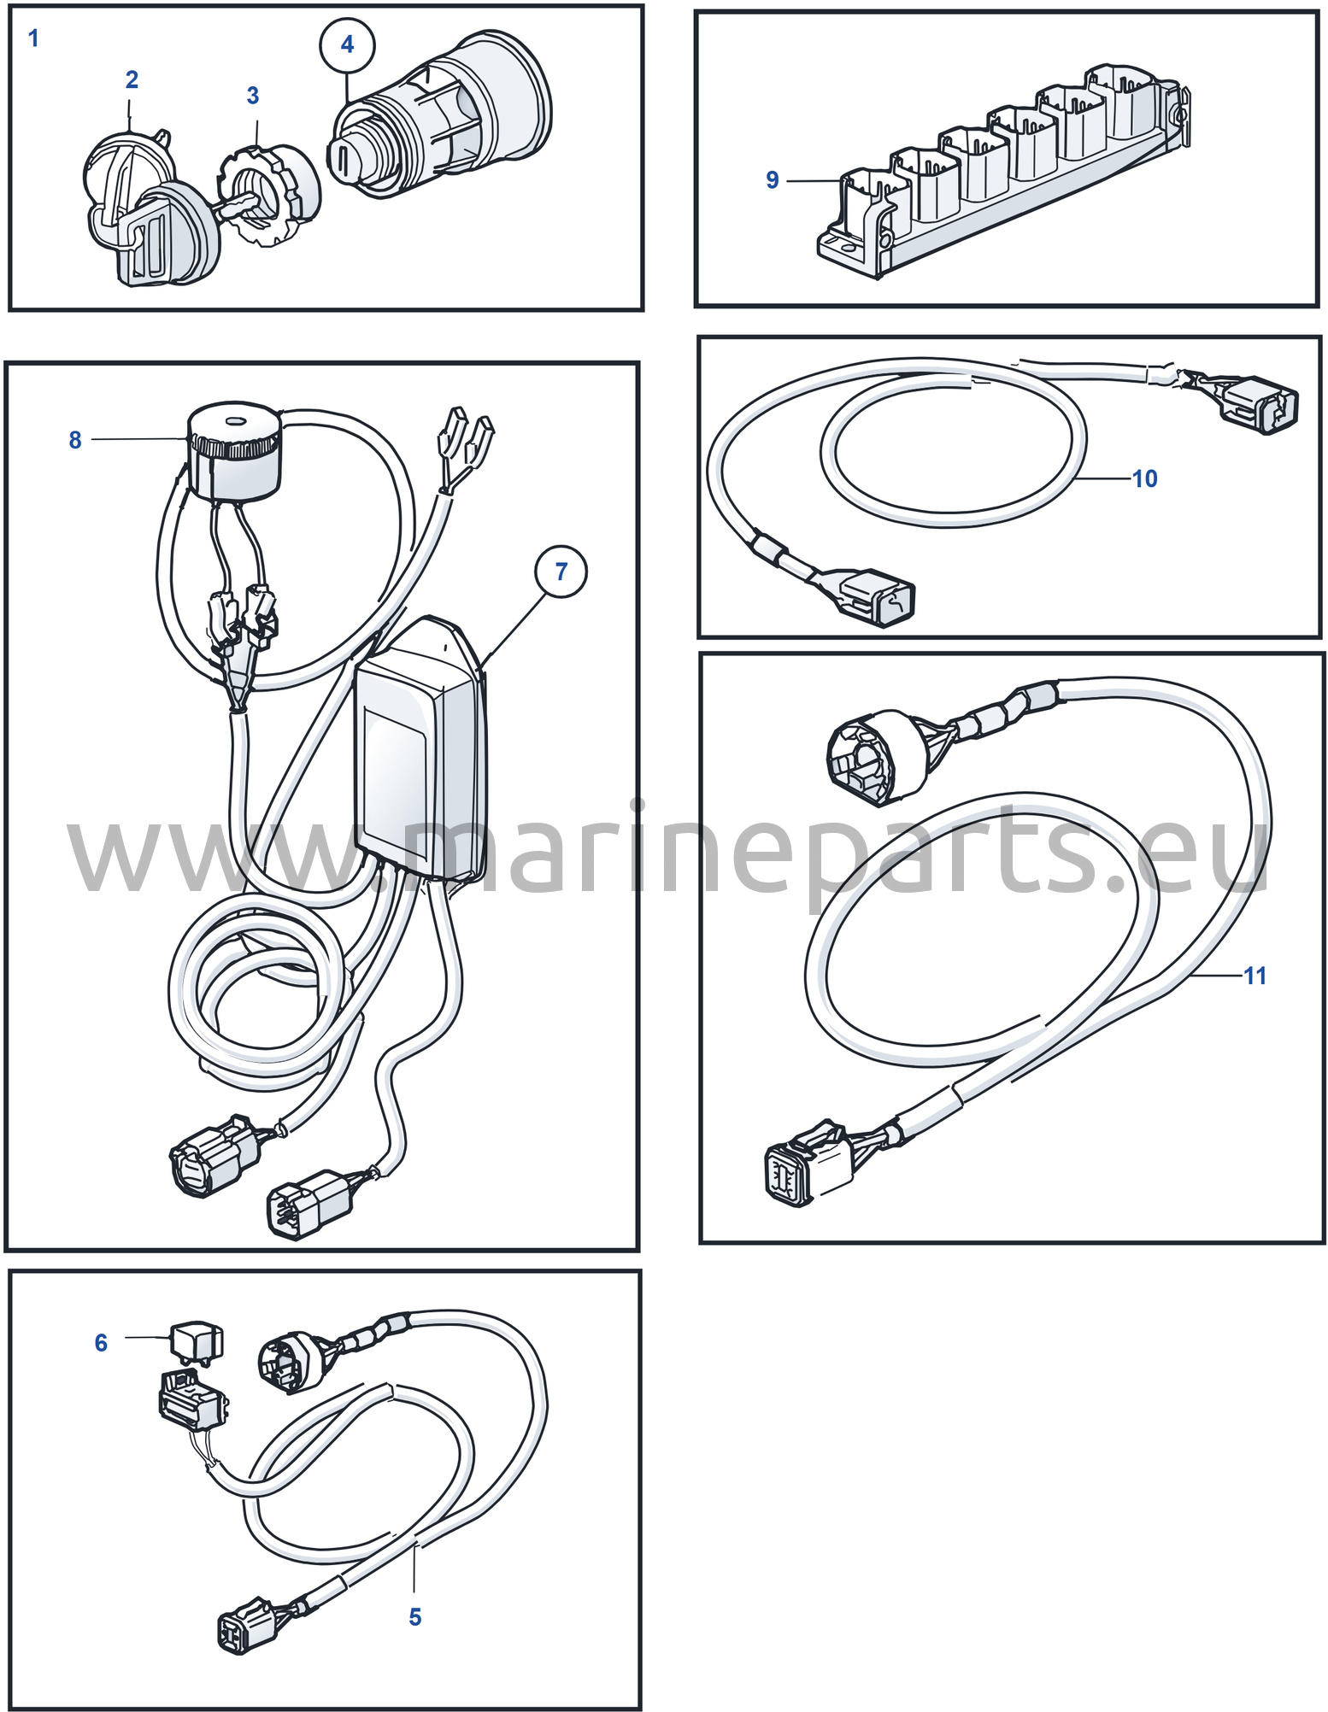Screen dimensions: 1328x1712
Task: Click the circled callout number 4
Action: click(347, 44)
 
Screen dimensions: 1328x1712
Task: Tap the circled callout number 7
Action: click(561, 572)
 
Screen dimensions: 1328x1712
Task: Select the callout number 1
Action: click(33, 38)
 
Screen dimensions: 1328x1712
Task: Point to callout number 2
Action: click(132, 79)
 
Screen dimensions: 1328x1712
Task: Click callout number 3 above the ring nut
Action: click(253, 96)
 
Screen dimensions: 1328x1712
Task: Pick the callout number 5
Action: click(415, 1617)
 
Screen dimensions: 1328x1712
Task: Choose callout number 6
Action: click(101, 1343)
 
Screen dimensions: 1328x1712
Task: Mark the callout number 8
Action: click(75, 440)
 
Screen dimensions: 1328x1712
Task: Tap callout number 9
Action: click(773, 180)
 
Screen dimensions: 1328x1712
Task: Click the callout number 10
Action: click(1145, 478)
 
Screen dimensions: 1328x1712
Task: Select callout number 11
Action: click(1255, 976)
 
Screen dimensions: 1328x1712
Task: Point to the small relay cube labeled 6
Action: click(197, 1341)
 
